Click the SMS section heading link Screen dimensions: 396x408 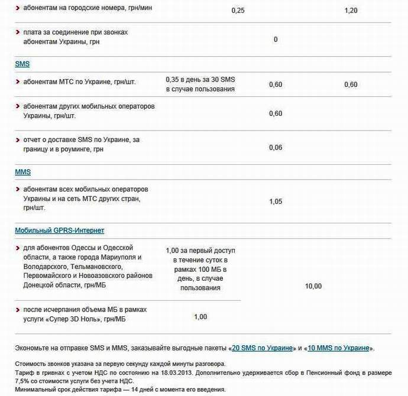click(22, 64)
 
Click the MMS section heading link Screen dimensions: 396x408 click(22, 172)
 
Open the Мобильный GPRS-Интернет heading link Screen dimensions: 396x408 click(59, 231)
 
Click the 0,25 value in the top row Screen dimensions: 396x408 click(238, 11)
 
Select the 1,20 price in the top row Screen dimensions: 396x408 click(351, 11)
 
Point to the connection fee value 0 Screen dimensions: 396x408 click(276, 40)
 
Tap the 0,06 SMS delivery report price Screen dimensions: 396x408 click(276, 148)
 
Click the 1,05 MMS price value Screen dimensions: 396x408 click(276, 202)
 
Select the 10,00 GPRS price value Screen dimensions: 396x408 click(313, 287)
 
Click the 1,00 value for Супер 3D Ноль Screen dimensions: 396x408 click(200, 317)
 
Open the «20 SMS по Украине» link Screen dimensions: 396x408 click(263, 348)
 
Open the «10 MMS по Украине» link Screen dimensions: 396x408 click(339, 348)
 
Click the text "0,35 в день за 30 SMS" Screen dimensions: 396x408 click(200, 79)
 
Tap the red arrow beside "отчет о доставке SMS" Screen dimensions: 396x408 click(18, 139)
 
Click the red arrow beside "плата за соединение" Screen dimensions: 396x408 click(18, 31)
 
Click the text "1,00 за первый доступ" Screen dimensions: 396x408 click(200, 251)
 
